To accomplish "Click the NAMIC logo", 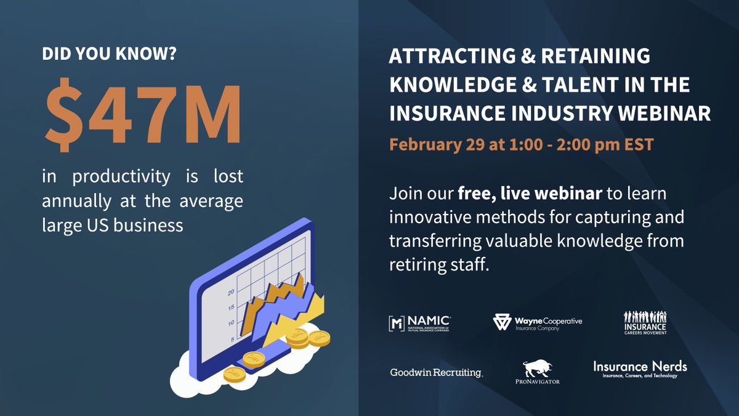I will tap(419, 324).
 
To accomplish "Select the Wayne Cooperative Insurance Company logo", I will tap(538, 323).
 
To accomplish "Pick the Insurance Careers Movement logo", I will tap(645, 323).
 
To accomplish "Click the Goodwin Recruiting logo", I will tap(436, 372).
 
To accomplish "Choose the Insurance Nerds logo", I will tap(640, 369).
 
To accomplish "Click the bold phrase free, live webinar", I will tap(529, 195).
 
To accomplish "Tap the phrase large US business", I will tap(113, 225).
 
